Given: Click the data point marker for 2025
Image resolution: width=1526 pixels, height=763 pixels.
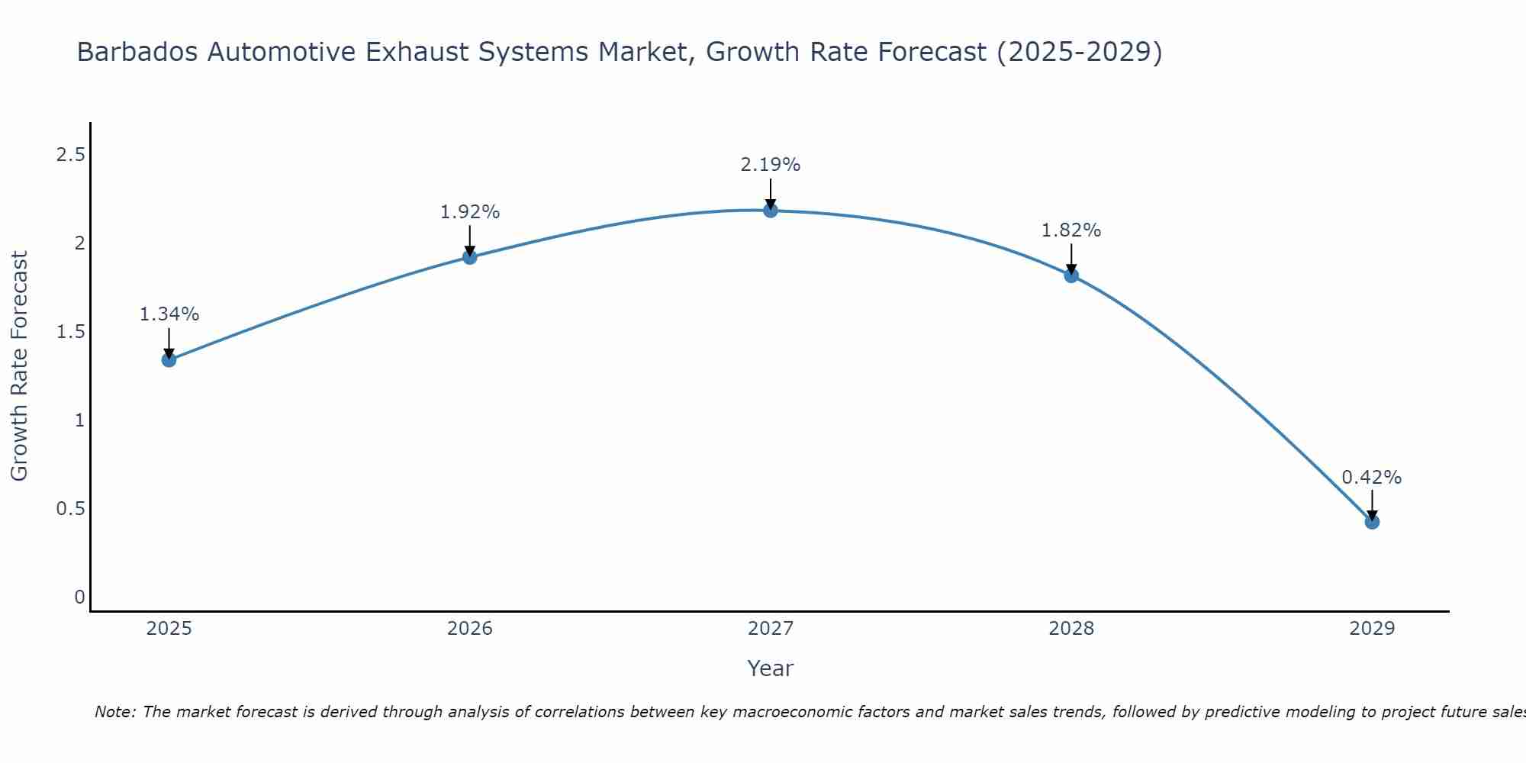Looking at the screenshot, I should [x=169, y=359].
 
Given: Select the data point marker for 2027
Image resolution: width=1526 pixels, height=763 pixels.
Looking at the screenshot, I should [x=771, y=210].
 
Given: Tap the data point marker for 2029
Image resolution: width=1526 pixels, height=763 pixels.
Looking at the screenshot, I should [x=1372, y=522].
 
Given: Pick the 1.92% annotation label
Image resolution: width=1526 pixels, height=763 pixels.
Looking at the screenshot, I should [x=470, y=212].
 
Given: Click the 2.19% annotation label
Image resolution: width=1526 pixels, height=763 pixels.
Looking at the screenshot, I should [x=771, y=165].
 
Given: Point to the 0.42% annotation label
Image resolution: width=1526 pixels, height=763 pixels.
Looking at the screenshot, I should [x=1372, y=478].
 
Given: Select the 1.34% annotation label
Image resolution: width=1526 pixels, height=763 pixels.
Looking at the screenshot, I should [x=169, y=314].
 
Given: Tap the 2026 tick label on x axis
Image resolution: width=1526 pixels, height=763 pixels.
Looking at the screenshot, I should [x=470, y=629].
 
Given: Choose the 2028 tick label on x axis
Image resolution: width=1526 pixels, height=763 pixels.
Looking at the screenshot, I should [x=1071, y=629].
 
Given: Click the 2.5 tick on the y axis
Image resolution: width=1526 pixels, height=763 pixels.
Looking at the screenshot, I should [x=70, y=155].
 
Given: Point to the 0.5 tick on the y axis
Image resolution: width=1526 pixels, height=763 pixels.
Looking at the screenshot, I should [x=70, y=508].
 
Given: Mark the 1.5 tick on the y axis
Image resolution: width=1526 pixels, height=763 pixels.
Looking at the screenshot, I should [x=70, y=332].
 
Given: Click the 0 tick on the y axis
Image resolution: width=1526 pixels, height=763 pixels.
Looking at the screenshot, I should [x=79, y=597].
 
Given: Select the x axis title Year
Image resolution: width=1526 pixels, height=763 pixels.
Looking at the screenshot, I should [x=771, y=668].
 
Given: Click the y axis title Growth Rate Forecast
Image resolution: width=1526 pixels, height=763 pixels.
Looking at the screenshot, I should [x=19, y=366].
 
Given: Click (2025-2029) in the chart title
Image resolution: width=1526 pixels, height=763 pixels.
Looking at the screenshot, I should [x=1079, y=53].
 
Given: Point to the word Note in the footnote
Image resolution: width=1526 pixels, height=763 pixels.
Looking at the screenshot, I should [x=114, y=712].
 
